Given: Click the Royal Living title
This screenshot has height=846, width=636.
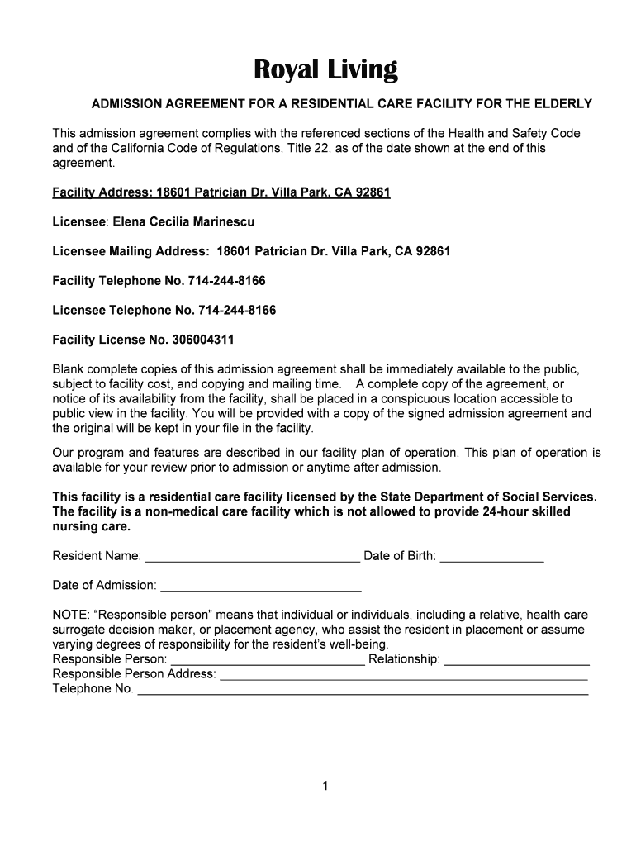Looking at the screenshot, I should tap(325, 70).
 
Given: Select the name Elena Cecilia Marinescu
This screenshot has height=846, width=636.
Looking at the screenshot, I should tap(183, 221).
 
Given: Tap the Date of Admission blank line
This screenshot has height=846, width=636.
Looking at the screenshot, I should tap(260, 587).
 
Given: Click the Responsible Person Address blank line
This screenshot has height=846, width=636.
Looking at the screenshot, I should tap(403, 675).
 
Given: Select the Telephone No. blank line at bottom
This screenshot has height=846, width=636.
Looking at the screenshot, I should tap(362, 690).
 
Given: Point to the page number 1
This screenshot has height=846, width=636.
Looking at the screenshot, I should tap(326, 787).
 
